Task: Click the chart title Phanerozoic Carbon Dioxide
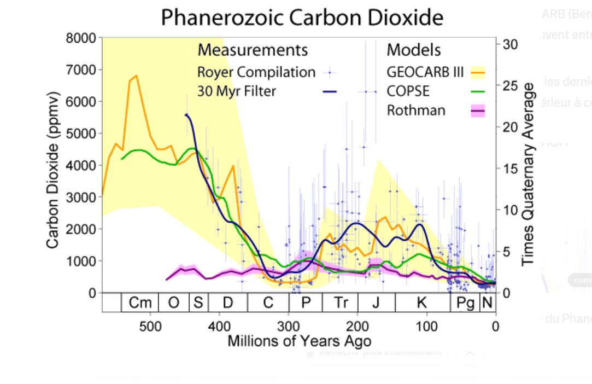point(302,18)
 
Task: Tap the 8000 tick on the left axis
point(81,38)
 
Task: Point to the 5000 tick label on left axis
point(81,133)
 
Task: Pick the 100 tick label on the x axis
point(426,327)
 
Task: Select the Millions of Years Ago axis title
point(299,341)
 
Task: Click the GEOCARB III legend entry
point(425,72)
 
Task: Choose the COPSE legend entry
point(408,91)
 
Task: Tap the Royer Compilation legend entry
point(256,72)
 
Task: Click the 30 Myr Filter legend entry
point(237,91)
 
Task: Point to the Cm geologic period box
point(140,302)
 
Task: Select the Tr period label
point(341,302)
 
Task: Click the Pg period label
point(465,302)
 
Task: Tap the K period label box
point(422,302)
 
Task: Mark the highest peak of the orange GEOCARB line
point(136,75)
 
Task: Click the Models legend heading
point(414,50)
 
